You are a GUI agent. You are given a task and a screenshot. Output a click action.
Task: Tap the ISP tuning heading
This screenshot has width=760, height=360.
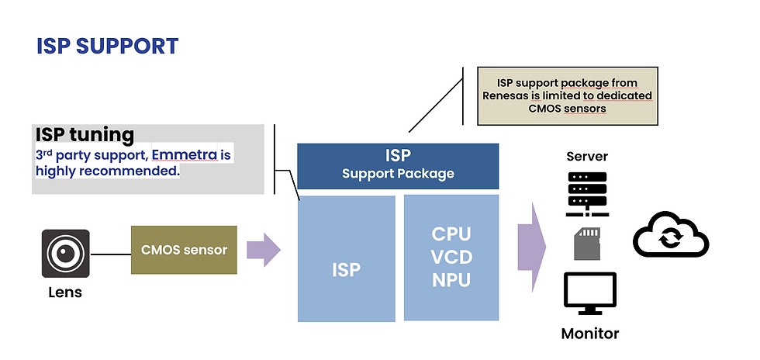(85, 134)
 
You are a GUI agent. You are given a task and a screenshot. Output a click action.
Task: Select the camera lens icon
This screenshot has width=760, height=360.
(65, 253)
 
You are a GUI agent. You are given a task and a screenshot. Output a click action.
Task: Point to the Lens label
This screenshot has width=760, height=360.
(65, 292)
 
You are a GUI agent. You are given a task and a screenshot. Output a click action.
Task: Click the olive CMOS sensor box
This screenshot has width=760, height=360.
(184, 250)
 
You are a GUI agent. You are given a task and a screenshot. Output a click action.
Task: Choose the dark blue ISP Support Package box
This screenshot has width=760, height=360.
(398, 166)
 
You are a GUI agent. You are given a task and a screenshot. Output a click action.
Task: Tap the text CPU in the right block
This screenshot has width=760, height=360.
(451, 234)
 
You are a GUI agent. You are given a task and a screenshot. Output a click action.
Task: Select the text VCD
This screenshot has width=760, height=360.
(451, 258)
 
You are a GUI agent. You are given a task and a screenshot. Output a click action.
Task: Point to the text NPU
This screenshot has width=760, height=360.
(451, 280)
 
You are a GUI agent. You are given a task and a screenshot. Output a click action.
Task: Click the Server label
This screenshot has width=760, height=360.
(587, 157)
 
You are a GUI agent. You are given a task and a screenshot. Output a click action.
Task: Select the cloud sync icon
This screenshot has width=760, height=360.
(671, 235)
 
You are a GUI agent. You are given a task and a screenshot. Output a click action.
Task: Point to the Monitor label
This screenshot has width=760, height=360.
(590, 334)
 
